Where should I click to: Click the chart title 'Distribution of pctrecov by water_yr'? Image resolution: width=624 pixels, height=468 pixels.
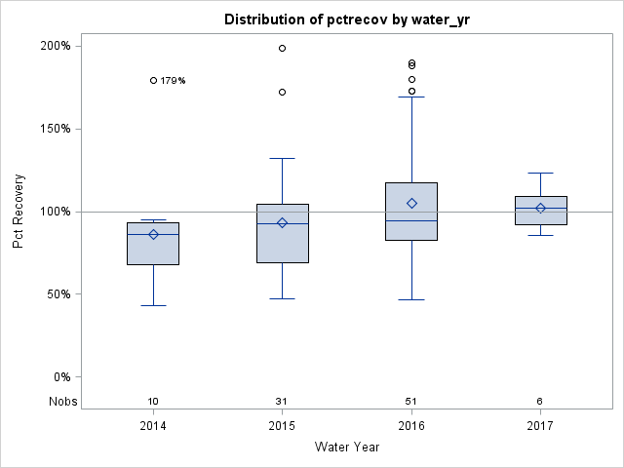click(346, 19)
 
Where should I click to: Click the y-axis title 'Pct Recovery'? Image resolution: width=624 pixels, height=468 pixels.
click(19, 212)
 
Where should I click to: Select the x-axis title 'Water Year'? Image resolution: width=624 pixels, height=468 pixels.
click(346, 448)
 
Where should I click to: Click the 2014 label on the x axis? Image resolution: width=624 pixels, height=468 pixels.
click(153, 426)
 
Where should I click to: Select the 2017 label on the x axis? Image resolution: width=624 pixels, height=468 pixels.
click(540, 426)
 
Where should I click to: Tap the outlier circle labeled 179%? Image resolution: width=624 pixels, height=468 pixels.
click(153, 80)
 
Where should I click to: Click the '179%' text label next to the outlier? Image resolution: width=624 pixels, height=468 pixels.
click(173, 81)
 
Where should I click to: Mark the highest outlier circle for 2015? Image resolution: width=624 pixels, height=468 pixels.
click(282, 48)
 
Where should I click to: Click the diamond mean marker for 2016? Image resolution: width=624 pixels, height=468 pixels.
click(411, 203)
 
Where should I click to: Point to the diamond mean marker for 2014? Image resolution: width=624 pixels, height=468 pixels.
click(153, 234)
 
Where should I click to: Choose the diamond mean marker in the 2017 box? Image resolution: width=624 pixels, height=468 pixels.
click(540, 208)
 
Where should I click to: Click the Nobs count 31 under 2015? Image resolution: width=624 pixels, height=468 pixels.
click(282, 402)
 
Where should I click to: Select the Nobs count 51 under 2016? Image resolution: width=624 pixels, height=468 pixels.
click(411, 402)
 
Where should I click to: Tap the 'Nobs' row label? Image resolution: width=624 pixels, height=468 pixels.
click(63, 402)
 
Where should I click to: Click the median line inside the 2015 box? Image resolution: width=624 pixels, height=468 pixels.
click(282, 223)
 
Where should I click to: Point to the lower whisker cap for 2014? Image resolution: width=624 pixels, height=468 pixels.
click(153, 305)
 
